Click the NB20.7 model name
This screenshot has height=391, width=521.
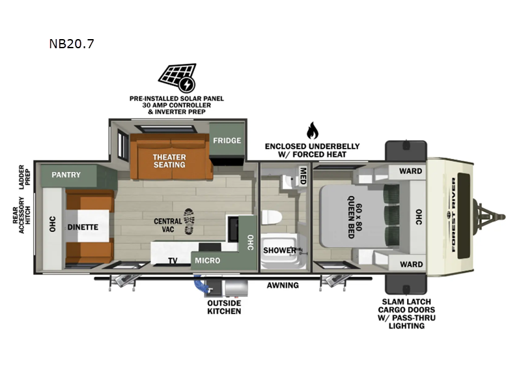point(72,44)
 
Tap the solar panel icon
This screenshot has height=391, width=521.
point(178,78)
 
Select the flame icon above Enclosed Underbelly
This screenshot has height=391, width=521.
point(312,130)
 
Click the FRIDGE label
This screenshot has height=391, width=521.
point(227,141)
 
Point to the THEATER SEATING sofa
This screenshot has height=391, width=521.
point(171,156)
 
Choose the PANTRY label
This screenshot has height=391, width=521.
point(66,175)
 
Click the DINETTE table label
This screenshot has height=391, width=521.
point(83,227)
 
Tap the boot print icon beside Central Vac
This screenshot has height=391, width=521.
point(189,222)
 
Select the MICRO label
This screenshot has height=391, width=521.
point(207,260)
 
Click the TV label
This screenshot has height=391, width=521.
point(173,261)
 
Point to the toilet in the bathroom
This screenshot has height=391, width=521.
point(272,218)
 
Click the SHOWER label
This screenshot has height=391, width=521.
point(279,250)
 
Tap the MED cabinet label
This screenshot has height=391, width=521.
point(303,175)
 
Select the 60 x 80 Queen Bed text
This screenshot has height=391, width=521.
point(354,217)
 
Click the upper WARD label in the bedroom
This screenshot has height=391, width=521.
point(410,171)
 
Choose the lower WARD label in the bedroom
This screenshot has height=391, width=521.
point(411,265)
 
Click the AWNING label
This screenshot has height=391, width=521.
point(283,285)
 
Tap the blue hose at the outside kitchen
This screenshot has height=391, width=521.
point(200,283)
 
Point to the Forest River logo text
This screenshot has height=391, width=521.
point(453,215)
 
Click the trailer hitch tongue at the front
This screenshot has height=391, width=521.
point(489,217)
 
